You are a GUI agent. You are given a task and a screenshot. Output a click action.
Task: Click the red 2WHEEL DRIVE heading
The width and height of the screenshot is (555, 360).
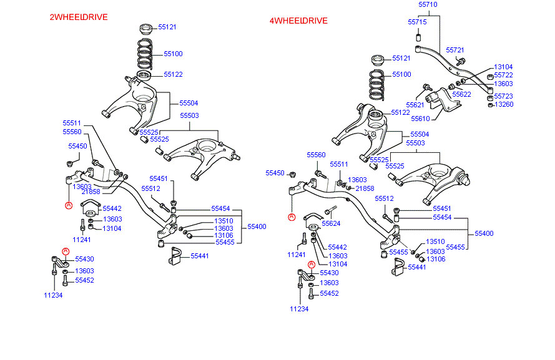(x=78, y=17)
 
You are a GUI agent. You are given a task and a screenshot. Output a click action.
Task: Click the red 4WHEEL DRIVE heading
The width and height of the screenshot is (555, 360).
(x=298, y=21)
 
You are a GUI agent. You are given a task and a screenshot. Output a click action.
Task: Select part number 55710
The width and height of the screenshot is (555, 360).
(x=428, y=4)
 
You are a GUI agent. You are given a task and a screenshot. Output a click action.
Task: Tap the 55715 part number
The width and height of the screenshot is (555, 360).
(x=417, y=22)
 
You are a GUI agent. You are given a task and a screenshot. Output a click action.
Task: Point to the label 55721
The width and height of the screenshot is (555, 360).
(x=455, y=49)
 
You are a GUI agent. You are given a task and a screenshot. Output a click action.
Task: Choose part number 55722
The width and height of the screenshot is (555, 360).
(x=503, y=75)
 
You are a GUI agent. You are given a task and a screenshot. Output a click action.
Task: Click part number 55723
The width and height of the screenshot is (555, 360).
(x=503, y=96)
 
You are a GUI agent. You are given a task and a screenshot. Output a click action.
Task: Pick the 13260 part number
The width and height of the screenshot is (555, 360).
(x=503, y=104)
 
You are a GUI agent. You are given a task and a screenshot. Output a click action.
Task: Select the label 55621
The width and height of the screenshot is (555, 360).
(x=415, y=105)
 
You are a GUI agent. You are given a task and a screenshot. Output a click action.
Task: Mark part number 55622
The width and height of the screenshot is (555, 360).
(x=461, y=94)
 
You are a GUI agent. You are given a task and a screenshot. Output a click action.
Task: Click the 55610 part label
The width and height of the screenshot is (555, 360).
(x=420, y=118)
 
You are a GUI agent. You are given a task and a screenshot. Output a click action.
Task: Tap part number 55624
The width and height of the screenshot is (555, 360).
(x=331, y=223)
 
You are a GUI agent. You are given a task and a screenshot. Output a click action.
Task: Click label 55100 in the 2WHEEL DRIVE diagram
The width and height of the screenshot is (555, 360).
(x=173, y=54)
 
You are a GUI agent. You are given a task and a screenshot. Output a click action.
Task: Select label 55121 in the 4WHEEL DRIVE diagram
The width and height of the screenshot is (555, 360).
(x=401, y=58)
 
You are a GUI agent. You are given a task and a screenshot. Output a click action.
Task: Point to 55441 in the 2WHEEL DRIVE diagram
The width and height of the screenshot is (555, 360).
(x=200, y=256)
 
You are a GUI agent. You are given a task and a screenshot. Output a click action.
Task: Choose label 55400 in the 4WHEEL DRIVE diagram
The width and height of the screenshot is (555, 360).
(x=484, y=233)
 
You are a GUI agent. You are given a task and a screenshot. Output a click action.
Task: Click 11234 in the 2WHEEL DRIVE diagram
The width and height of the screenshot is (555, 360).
(x=53, y=295)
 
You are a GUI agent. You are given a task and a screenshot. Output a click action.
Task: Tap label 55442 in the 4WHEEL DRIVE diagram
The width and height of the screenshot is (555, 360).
(x=337, y=247)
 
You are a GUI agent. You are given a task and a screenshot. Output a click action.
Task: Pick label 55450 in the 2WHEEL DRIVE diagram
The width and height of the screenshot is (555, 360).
(x=77, y=146)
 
